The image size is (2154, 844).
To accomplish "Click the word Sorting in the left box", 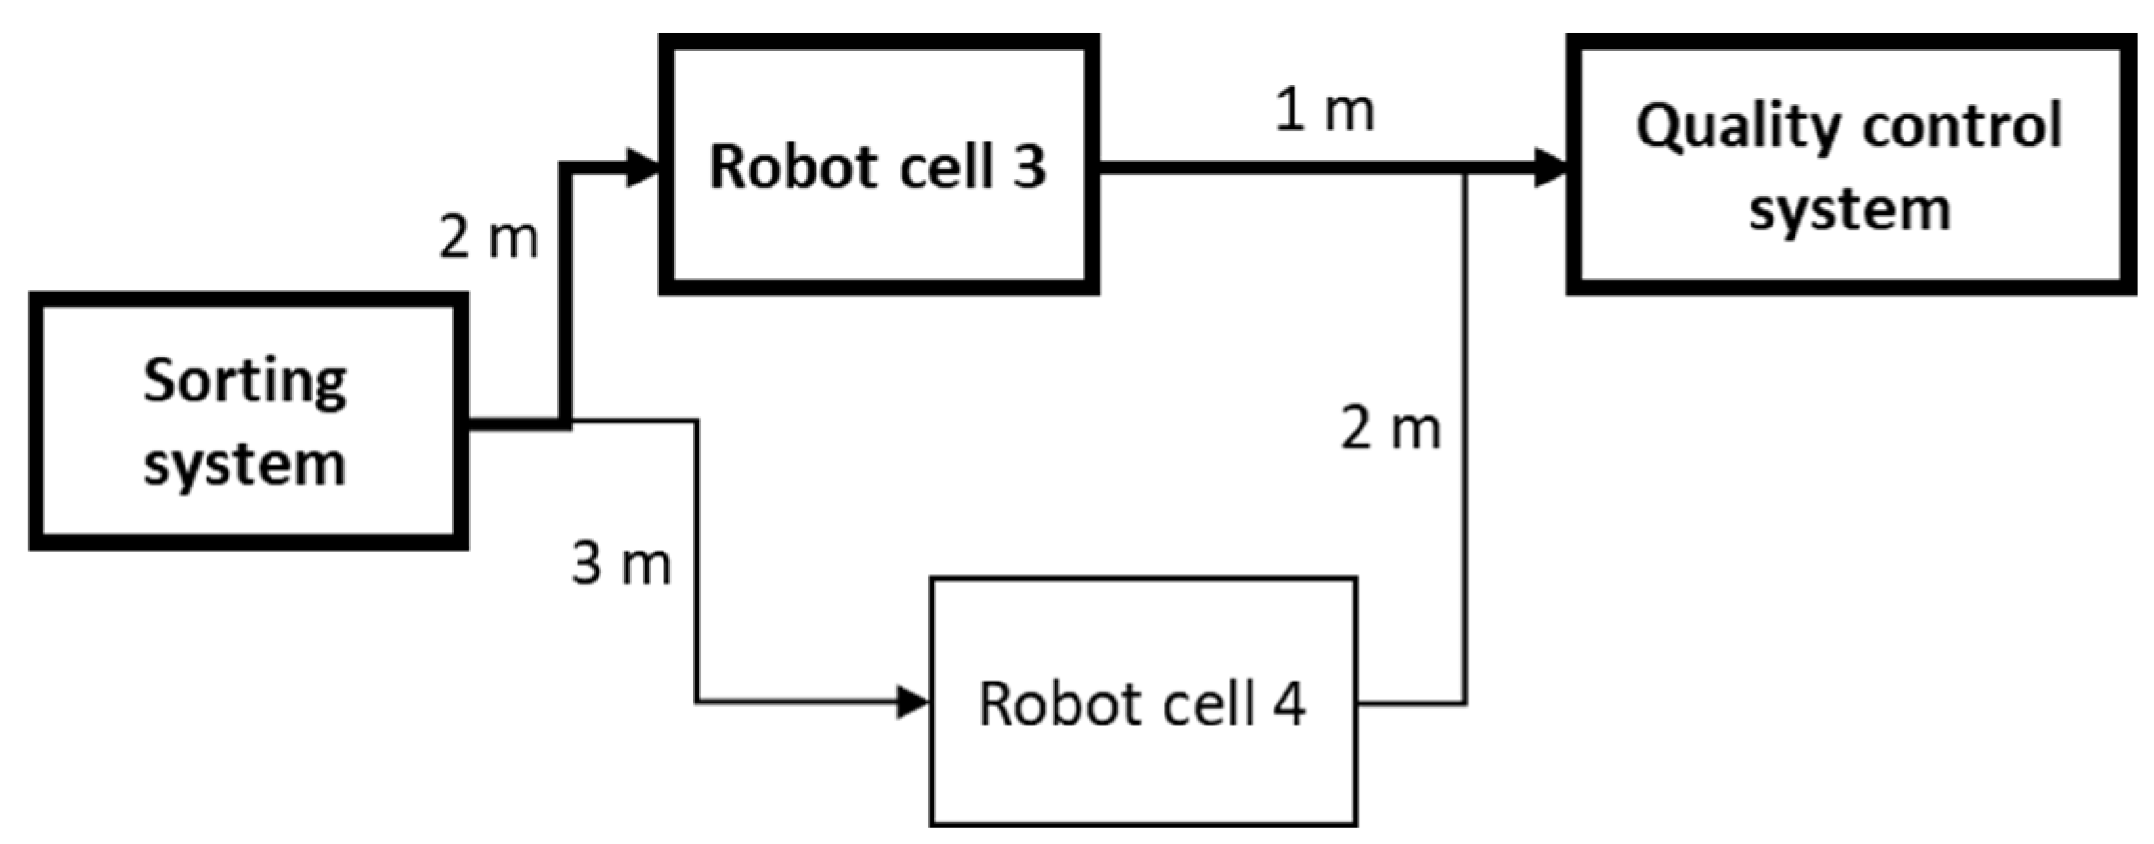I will pos(246,381).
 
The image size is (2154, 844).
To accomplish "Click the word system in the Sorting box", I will pos(246,465).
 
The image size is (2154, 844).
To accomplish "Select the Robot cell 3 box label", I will pos(878,167).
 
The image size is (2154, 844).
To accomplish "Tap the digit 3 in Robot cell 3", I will pos(1029,167).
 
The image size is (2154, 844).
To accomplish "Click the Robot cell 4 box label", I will pos(1142,704).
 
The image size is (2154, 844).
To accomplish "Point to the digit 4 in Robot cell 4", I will pos(1289,704).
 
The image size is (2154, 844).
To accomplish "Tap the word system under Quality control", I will pos(1850,209).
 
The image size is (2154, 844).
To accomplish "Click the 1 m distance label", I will pos(1325,112).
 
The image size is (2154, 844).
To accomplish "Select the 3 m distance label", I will pos(621,563).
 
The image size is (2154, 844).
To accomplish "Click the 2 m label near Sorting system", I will pos(489,237).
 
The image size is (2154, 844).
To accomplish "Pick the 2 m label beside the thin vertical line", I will pos(1390,428).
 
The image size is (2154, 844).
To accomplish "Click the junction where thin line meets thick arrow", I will pos(1465,171).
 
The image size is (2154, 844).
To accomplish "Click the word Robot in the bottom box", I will pos(1050,704).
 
